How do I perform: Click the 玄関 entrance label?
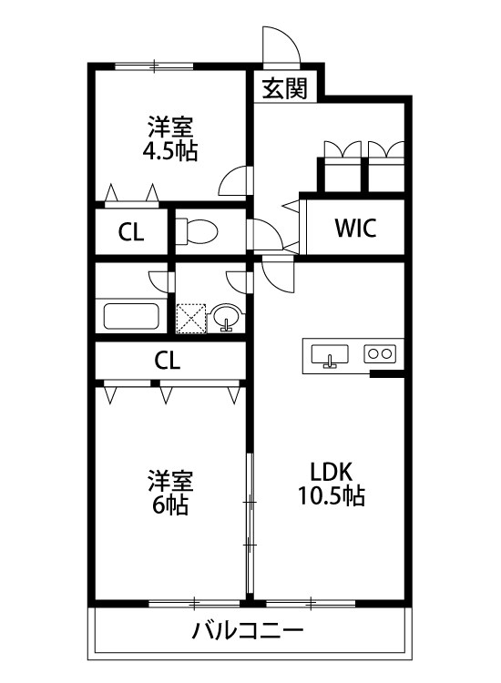284,88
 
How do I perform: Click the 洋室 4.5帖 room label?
170,138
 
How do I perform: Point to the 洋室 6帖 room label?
170,492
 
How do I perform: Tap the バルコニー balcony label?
247,630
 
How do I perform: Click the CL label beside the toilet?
131,232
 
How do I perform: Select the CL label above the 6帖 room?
167,360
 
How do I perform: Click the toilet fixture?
197,232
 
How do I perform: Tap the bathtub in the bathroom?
132,317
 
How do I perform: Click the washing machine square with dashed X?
192,319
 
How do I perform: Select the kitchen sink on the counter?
330,354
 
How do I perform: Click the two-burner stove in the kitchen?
380,352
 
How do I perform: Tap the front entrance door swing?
279,46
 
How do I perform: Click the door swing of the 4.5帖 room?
235,180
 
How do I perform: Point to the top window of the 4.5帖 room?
155,66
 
